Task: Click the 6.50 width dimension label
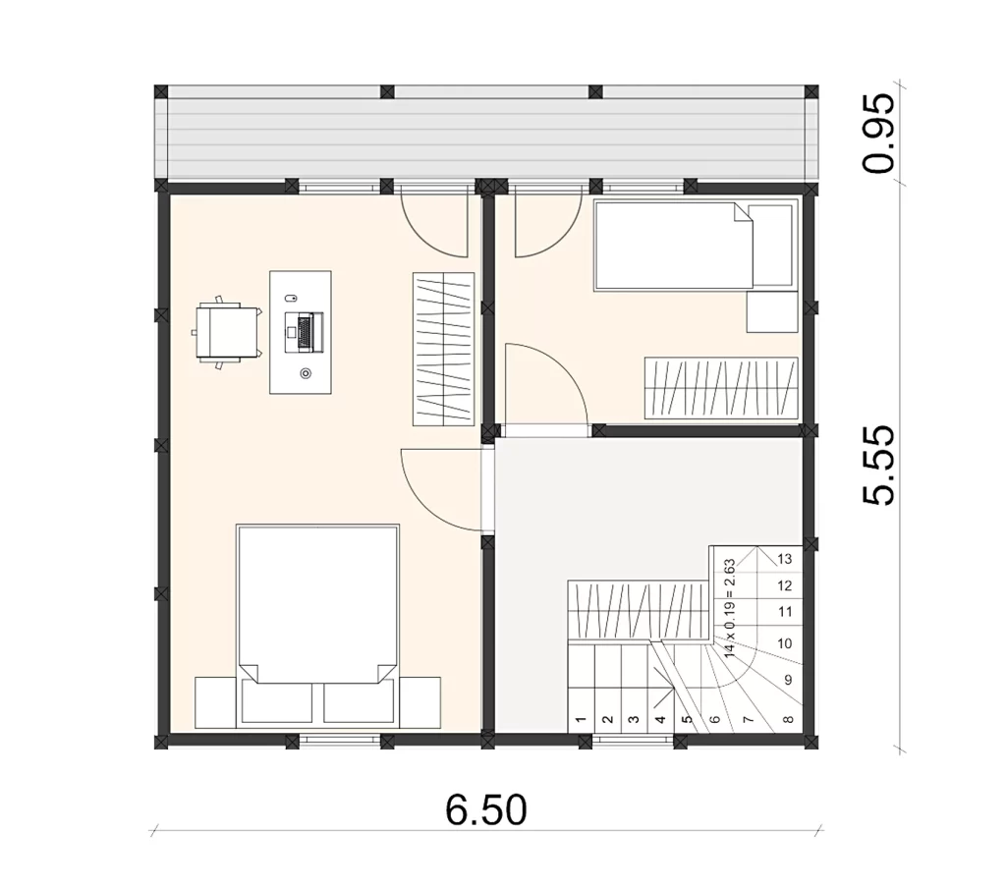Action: click(x=485, y=809)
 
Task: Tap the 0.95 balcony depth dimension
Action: click(x=878, y=134)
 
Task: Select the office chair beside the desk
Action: click(x=227, y=331)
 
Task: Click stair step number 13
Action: click(x=785, y=559)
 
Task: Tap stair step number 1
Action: click(x=581, y=719)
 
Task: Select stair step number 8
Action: click(x=789, y=719)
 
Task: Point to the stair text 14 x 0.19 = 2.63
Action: click(x=730, y=608)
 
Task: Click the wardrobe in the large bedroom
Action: click(x=443, y=349)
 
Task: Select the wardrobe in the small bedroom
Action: click(x=721, y=388)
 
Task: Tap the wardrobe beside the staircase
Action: click(x=639, y=610)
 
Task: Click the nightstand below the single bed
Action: click(x=772, y=311)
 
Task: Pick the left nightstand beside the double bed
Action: click(x=215, y=702)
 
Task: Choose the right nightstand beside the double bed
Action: click(x=420, y=702)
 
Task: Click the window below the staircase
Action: click(x=633, y=742)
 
